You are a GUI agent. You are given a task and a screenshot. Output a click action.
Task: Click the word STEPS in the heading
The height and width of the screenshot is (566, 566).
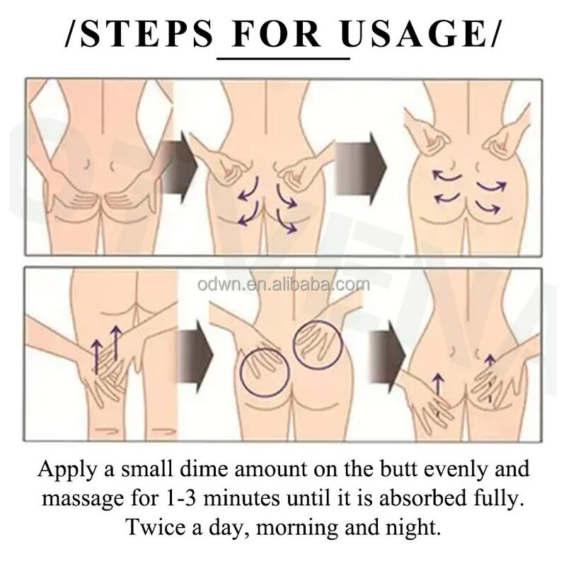click(145, 34)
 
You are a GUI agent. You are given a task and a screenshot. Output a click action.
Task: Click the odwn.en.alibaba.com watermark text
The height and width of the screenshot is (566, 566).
click(284, 284)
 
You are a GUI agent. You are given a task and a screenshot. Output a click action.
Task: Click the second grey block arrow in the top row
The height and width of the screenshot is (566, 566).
click(361, 163)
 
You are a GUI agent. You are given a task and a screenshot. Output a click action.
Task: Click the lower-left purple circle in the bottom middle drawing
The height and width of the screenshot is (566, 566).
click(264, 371)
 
